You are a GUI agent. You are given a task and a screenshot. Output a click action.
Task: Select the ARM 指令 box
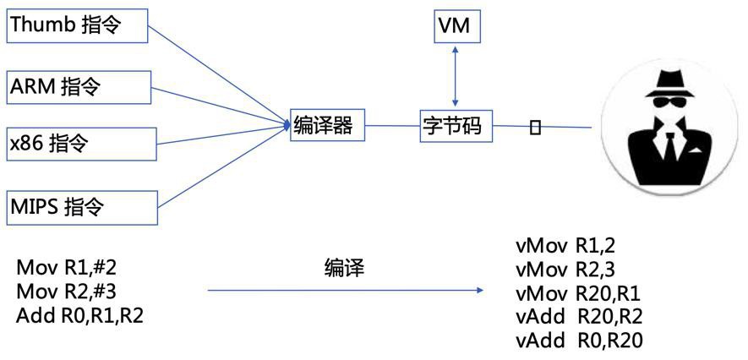[x=79, y=87]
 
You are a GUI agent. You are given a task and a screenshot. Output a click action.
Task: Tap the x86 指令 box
[x=81, y=144]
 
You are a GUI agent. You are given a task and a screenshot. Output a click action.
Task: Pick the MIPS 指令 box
[x=82, y=207]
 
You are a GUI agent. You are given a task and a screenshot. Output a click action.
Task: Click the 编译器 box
[x=328, y=126]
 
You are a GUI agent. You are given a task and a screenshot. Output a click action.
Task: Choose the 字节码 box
[x=456, y=126]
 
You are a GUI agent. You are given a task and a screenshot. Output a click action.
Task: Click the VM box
[x=457, y=27]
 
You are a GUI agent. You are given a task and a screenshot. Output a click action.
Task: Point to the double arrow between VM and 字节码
[x=456, y=76]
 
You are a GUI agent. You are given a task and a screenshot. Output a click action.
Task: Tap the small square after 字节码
[x=536, y=128]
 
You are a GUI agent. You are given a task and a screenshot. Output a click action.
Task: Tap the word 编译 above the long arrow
[x=345, y=269]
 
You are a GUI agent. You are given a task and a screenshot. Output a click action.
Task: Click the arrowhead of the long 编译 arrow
[x=479, y=290]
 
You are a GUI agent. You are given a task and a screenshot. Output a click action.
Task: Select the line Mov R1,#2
[x=66, y=268]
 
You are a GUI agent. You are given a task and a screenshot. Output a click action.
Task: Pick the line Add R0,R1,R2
[x=79, y=316]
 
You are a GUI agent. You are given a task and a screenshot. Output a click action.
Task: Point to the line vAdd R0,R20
[x=579, y=341]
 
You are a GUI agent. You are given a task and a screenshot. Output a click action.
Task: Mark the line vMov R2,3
[x=565, y=270]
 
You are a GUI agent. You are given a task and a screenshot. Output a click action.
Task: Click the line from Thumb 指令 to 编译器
[x=220, y=75]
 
